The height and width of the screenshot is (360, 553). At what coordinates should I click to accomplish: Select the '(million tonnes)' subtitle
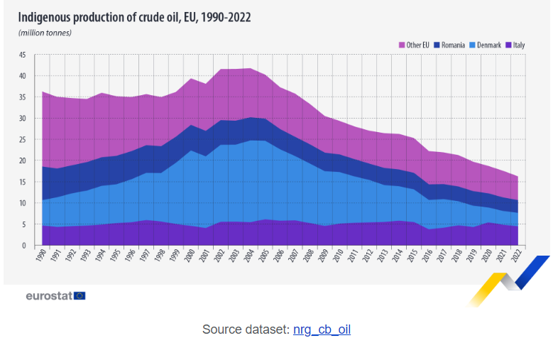point(45,33)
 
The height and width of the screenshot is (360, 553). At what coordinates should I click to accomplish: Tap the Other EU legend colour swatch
point(402,45)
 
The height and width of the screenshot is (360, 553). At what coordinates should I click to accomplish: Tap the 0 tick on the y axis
point(24,246)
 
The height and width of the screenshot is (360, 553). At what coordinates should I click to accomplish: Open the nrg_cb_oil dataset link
point(322,329)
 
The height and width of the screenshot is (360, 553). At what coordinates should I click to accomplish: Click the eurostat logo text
point(48,295)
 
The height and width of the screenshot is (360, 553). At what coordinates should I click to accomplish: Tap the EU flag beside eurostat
point(80,295)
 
